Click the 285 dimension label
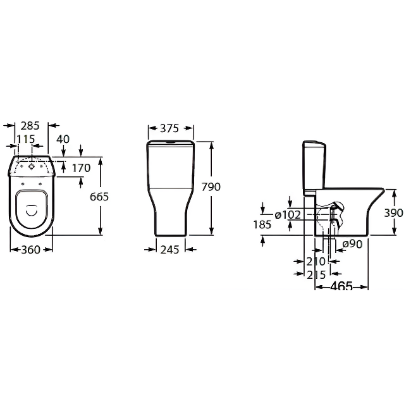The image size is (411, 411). pos(30,126)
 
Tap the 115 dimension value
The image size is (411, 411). pos(26,139)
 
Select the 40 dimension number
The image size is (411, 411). pos(63,139)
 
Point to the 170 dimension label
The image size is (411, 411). pos(82,168)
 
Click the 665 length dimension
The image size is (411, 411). pos(99,197)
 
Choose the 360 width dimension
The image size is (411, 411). pos(31,250)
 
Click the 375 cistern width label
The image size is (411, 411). pos(169,128)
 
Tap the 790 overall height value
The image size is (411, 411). pos(211,187)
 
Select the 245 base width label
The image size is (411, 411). pos(170,250)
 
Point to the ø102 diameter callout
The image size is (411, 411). pos(288,215)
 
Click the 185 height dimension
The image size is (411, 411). pos(262,224)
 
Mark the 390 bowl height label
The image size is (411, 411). pos(393,213)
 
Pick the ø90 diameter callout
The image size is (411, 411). pos(352,244)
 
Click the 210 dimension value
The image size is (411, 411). pos(316,261)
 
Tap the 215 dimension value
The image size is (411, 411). pos(316,274)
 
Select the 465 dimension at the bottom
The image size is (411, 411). pos(341,286)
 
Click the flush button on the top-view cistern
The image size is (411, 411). pos(32,166)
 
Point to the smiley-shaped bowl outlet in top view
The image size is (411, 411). pos(32,210)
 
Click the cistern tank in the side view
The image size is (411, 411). pos(314,168)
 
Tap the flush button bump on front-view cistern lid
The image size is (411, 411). pos(171,142)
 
